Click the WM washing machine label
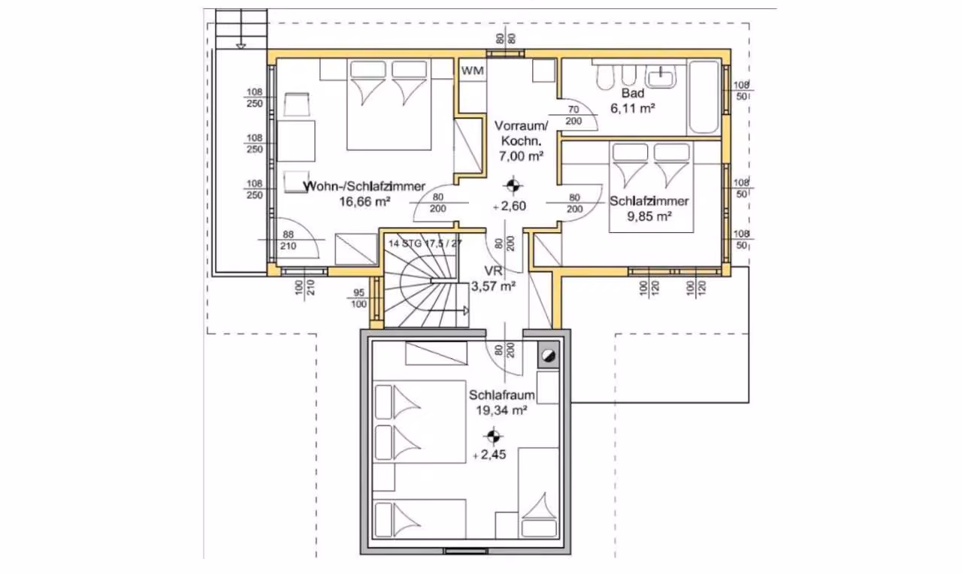click(x=473, y=71)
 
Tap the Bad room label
click(x=633, y=93)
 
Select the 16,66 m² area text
click(x=365, y=201)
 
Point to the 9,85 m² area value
click(x=649, y=216)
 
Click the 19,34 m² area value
click(x=501, y=410)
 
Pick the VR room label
click(x=493, y=271)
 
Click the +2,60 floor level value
click(x=510, y=206)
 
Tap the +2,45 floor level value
click(x=489, y=455)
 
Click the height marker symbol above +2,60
click(x=513, y=186)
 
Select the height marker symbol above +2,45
click(x=493, y=437)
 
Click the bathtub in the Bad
click(x=703, y=97)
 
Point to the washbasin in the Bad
click(x=662, y=77)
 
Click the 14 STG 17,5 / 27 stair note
click(x=425, y=243)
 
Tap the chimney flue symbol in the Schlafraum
click(x=549, y=355)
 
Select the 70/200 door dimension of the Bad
click(x=573, y=116)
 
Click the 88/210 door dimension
click(x=288, y=240)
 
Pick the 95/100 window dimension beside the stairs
click(x=359, y=298)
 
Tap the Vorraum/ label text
click(x=521, y=126)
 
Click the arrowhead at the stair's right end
click(x=466, y=311)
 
